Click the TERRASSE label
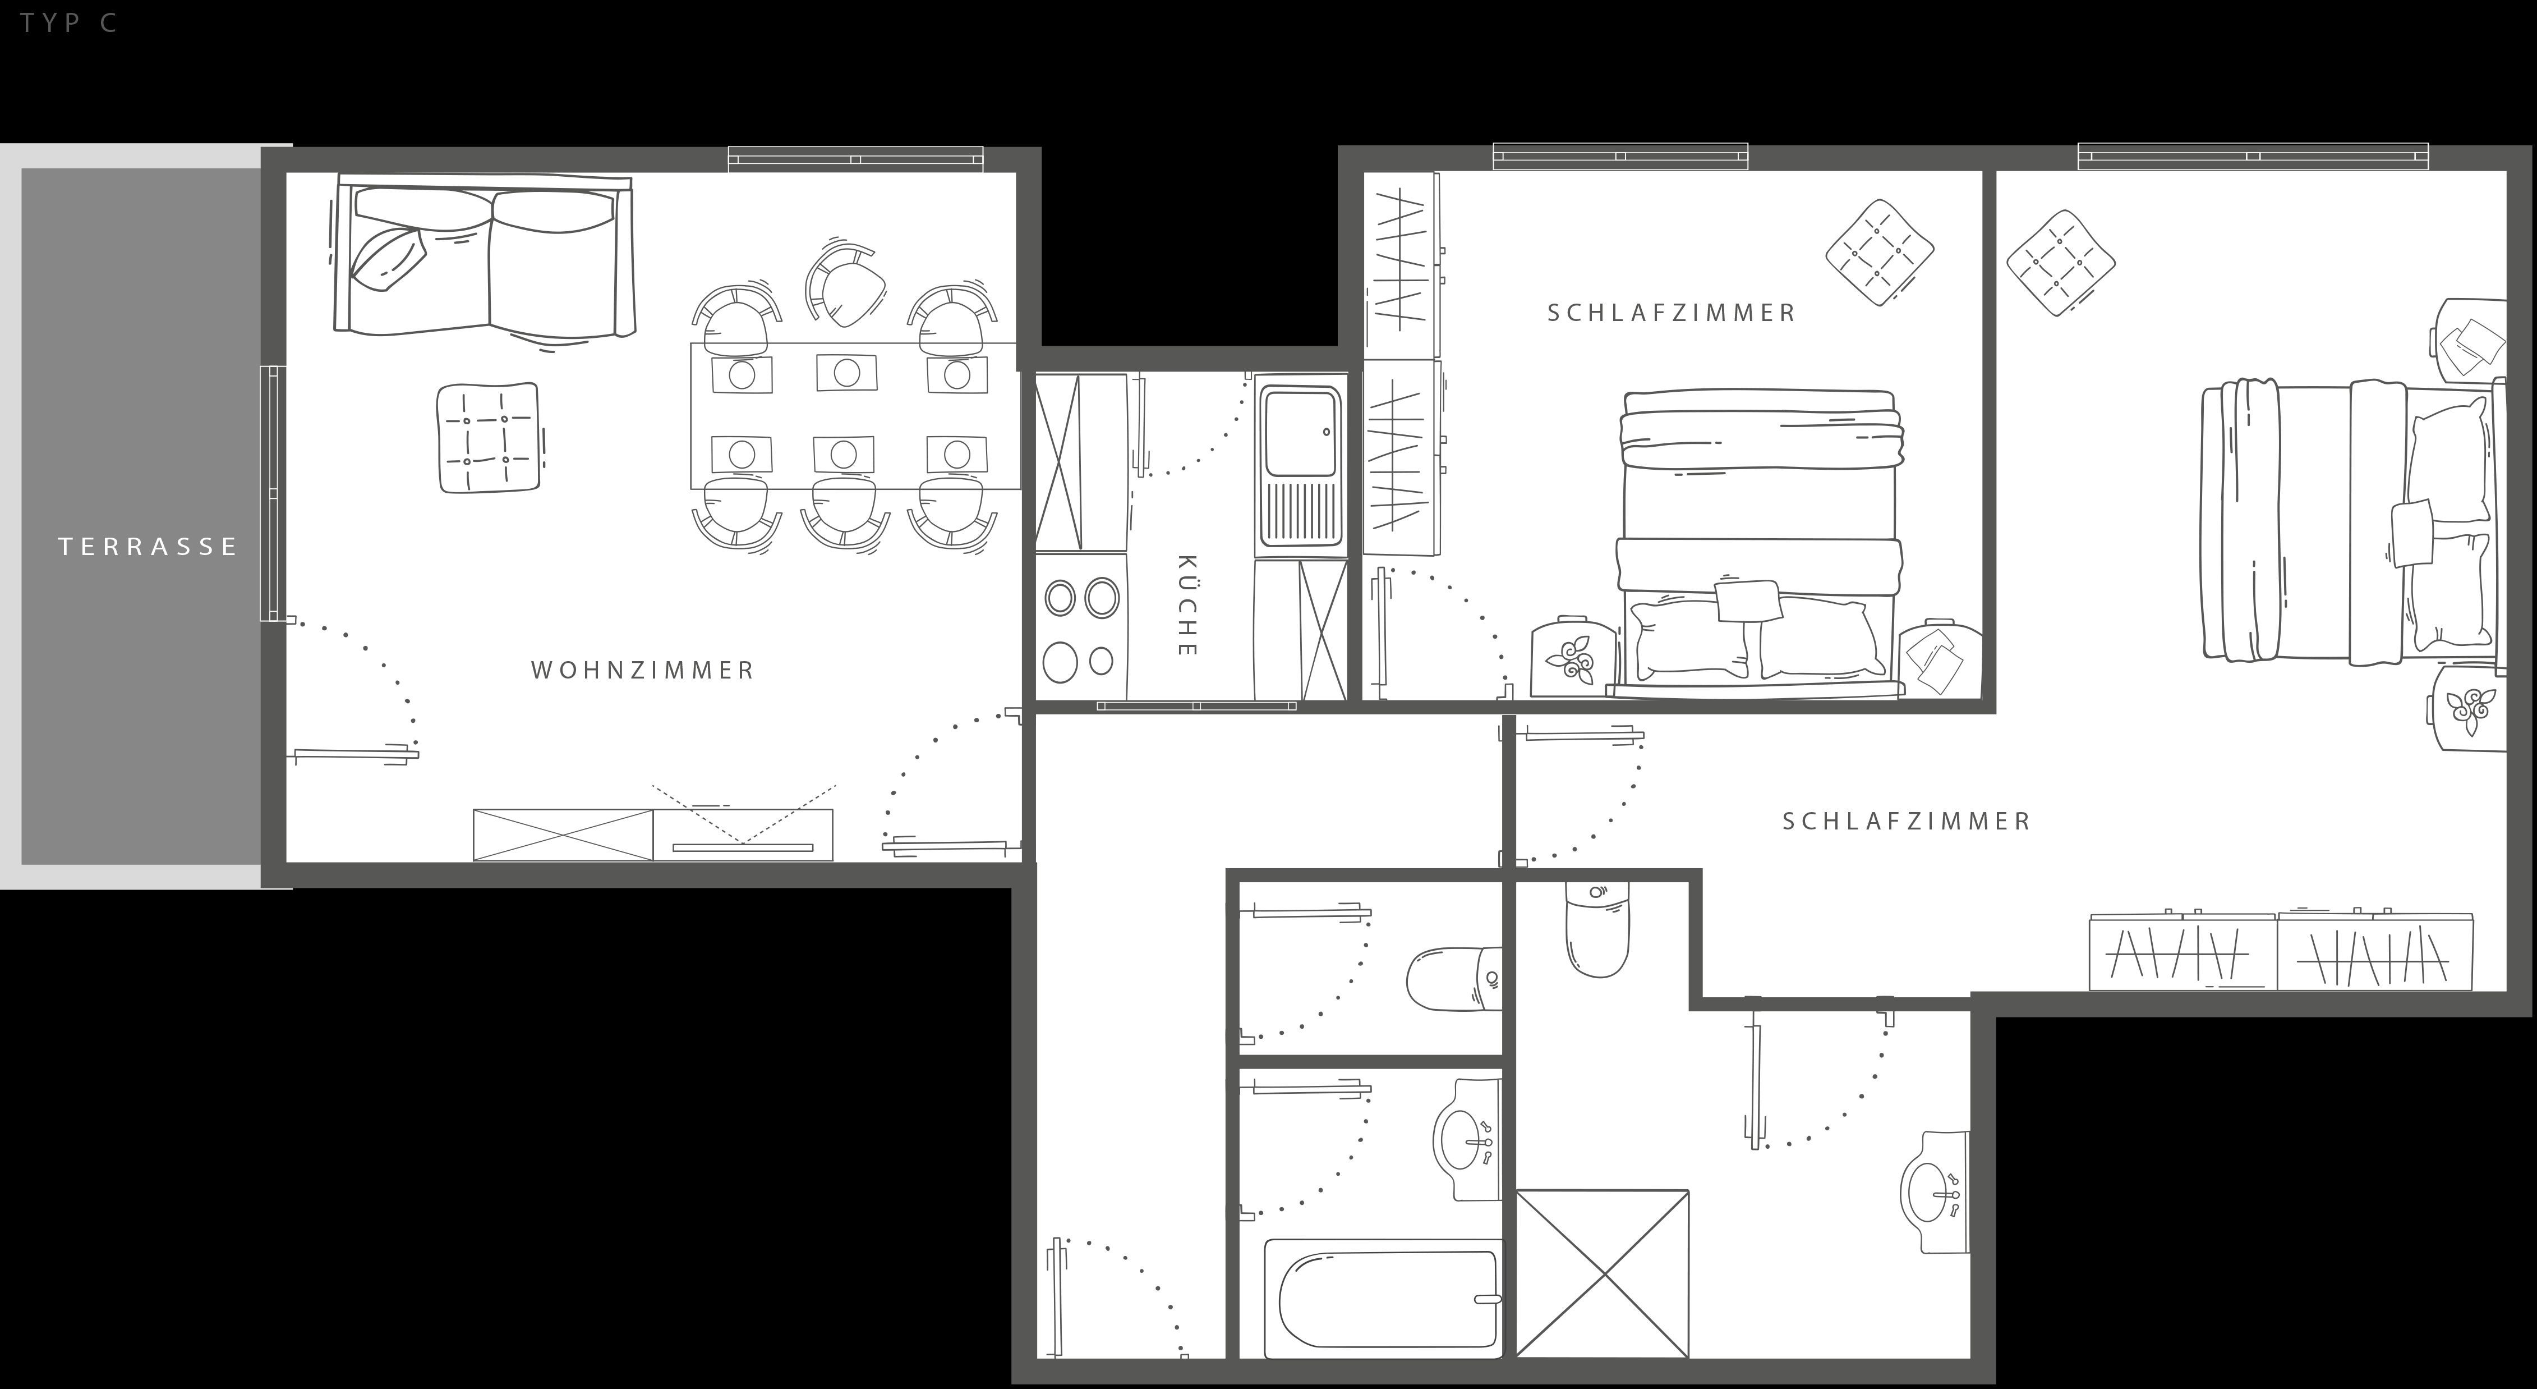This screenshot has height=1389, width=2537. (148, 547)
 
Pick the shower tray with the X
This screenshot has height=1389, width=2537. (1603, 1274)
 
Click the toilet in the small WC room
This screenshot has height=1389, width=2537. (1454, 978)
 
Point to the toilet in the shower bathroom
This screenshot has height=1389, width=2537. (1596, 929)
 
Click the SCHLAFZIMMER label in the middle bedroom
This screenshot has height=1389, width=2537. (1672, 313)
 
